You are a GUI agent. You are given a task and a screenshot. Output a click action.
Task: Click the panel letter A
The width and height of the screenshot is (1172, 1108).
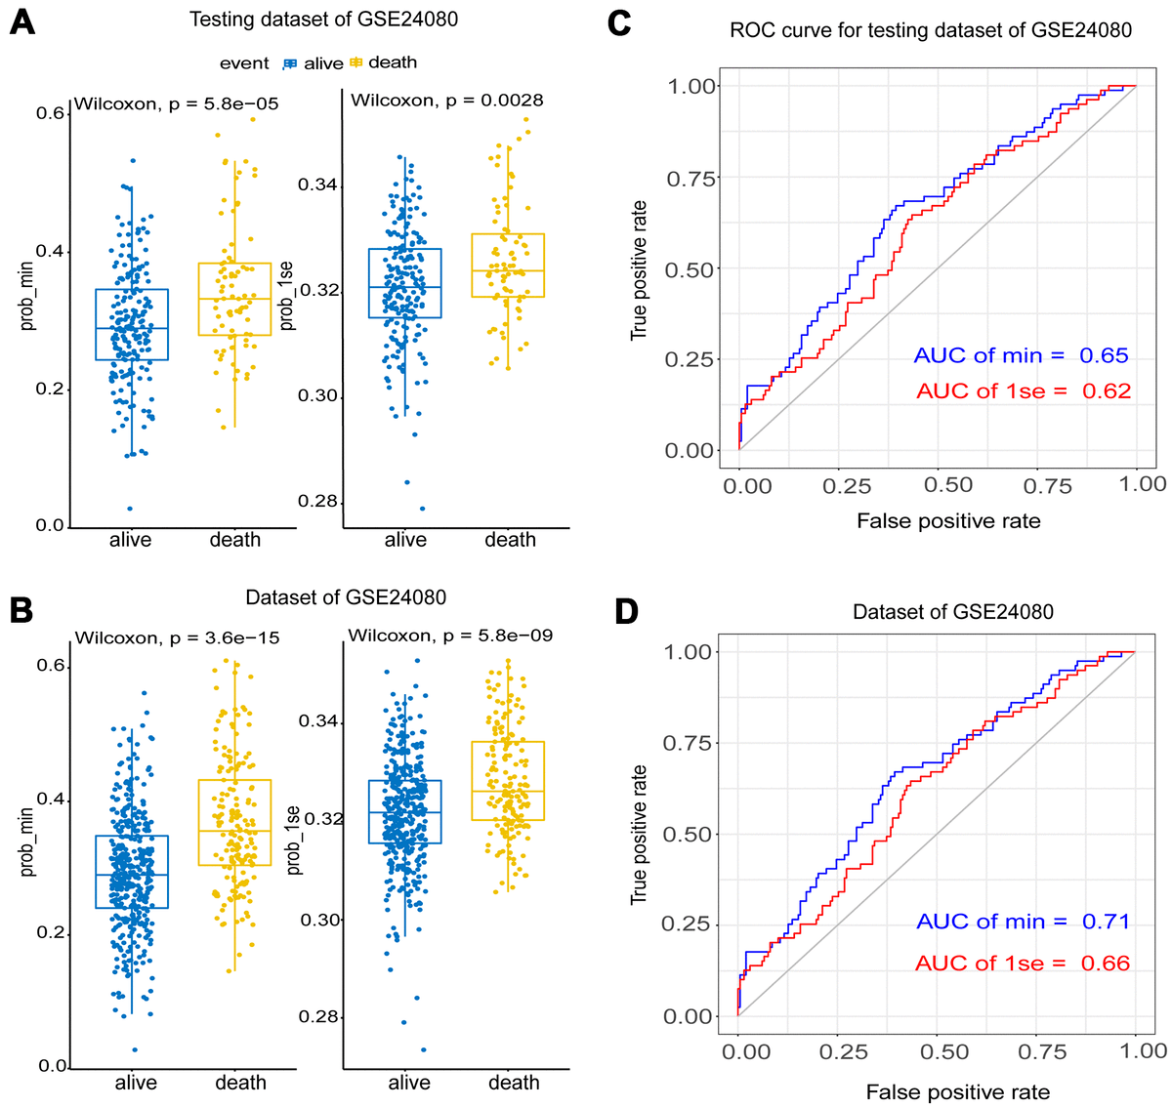[21, 21]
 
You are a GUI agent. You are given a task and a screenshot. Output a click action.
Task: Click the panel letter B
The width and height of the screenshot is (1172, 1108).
[21, 610]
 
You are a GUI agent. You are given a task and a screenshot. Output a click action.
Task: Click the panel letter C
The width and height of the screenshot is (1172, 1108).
[618, 21]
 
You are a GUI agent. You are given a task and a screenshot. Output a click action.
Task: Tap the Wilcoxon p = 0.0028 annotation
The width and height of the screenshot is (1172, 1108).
[447, 100]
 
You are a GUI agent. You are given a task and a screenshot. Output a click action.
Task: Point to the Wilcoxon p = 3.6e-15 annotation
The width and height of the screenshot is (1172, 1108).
[177, 638]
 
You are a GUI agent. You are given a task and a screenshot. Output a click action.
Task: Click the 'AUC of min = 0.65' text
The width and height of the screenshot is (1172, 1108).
[1021, 355]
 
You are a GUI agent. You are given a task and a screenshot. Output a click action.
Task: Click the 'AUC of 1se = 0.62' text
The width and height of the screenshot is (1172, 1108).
[1023, 391]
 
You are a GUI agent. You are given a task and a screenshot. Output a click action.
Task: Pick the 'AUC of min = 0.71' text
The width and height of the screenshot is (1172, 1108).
[1022, 922]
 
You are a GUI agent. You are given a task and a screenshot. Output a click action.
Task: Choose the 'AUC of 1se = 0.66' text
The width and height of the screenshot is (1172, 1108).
[1022, 964]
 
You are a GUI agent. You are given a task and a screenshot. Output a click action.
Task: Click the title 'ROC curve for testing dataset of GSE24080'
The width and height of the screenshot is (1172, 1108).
[931, 30]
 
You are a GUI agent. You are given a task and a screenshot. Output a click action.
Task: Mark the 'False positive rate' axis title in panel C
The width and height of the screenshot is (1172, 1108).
[948, 521]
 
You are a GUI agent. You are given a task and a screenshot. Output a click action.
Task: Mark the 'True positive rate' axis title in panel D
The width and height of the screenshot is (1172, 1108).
[640, 835]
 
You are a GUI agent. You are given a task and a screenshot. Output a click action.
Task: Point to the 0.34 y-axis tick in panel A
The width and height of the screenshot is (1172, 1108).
[318, 185]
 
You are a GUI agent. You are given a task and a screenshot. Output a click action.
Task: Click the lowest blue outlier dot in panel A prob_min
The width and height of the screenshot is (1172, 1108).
[130, 509]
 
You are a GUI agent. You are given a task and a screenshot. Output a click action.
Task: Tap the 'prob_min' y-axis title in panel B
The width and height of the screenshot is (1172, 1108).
[28, 841]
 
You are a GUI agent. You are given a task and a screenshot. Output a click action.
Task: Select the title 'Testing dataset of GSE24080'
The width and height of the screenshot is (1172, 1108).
[323, 20]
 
